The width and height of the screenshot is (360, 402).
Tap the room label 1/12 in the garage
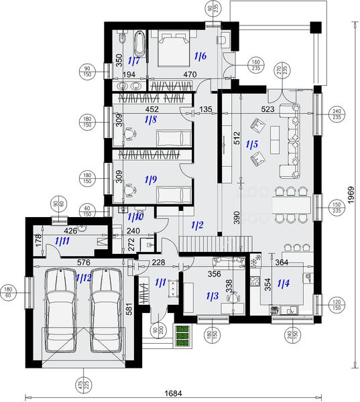84,277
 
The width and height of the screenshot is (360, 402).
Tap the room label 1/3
213,295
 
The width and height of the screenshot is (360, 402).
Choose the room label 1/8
150,120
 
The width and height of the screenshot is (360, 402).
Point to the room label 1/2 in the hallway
197,226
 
